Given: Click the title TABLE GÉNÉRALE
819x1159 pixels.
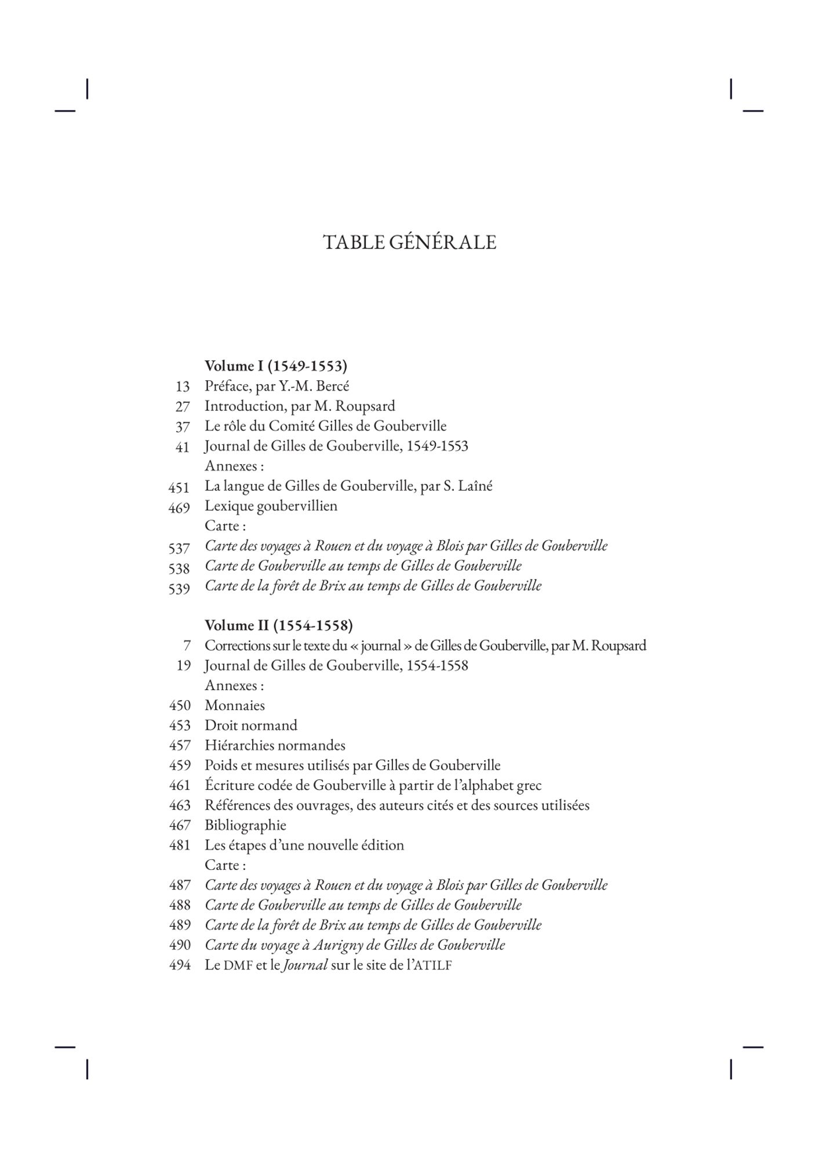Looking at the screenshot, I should pyautogui.click(x=409, y=242).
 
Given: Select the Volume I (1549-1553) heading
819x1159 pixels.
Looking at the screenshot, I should pyautogui.click(x=275, y=366).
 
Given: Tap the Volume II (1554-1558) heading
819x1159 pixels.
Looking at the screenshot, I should pyautogui.click(x=278, y=626).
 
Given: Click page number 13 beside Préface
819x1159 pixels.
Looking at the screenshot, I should pyautogui.click(x=183, y=387).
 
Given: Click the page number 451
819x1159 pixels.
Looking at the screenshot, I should pyautogui.click(x=179, y=488).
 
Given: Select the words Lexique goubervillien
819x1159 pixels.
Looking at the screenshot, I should pyautogui.click(x=271, y=506).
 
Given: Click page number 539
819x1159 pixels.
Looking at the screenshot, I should pyautogui.click(x=179, y=589).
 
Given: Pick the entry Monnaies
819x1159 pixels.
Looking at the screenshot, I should pyautogui.click(x=234, y=706).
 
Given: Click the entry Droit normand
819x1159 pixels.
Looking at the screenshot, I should pyautogui.click(x=250, y=726).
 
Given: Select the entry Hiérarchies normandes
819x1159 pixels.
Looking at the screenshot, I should pyautogui.click(x=275, y=746).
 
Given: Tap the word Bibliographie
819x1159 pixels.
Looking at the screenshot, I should pyautogui.click(x=245, y=825).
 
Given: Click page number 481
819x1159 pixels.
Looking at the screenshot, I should pyautogui.click(x=180, y=845).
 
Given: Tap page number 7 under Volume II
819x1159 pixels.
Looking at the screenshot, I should pyautogui.click(x=187, y=646).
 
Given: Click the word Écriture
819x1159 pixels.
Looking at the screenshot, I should pyautogui.click(x=228, y=786).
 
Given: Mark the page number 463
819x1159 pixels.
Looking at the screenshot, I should pyautogui.click(x=180, y=806).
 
